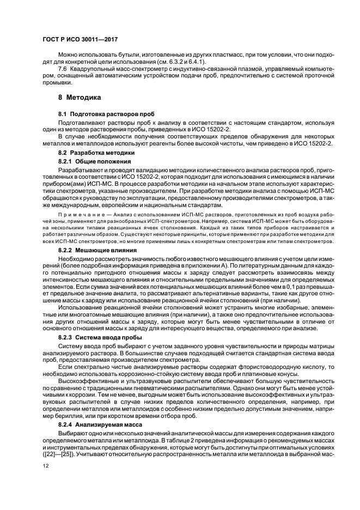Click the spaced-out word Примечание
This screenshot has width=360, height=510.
click(x=76, y=213)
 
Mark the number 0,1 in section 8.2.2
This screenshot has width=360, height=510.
click(x=275, y=284)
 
